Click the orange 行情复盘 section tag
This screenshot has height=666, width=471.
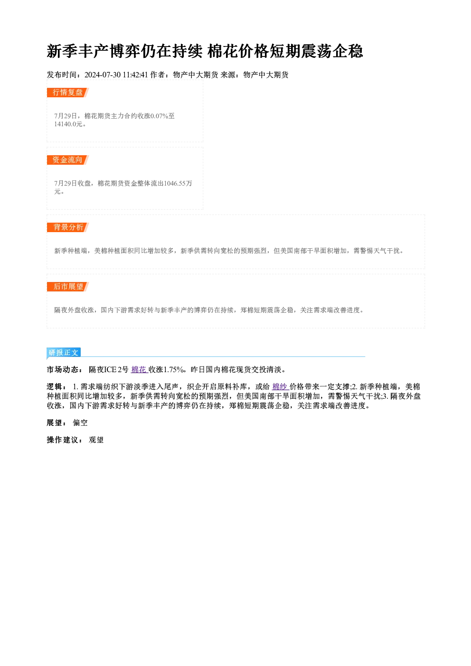[x=68, y=93]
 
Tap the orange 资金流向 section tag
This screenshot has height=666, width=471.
[x=68, y=160]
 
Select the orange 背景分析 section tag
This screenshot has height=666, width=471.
[x=68, y=227]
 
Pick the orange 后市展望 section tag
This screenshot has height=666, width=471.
[x=68, y=287]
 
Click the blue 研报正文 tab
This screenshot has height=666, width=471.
[x=64, y=353]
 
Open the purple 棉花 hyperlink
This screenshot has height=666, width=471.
[x=140, y=370]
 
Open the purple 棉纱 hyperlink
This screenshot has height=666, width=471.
[x=281, y=386]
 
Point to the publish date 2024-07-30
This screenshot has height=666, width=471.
[x=103, y=75]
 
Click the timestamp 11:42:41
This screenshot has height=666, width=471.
[x=135, y=75]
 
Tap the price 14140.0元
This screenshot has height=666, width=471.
[x=68, y=124]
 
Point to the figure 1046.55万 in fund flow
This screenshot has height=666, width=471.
[x=178, y=183]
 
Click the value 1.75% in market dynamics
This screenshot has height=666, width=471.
[x=173, y=370]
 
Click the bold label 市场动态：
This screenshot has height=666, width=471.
[x=65, y=370]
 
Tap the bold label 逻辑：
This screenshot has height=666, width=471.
[x=57, y=386]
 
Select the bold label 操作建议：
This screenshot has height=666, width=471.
[x=65, y=440]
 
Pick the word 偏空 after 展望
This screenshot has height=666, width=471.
[x=80, y=423]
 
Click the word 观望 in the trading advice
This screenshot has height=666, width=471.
[x=96, y=440]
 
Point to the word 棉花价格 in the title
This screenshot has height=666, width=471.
[x=238, y=51]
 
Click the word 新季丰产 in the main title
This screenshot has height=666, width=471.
[x=77, y=51]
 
